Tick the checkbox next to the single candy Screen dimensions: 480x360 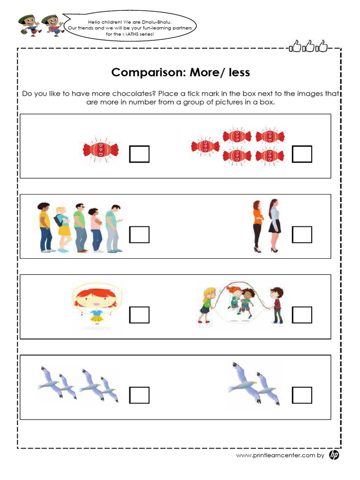tap(139, 154)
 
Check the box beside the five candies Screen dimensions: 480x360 tap(302, 154)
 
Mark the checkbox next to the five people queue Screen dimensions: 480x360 tap(139, 234)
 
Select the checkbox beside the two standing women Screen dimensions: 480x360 tap(302, 234)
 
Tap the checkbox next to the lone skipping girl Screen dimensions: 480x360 tap(139, 315)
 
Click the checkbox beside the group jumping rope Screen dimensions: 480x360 tap(302, 315)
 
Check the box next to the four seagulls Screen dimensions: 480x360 tap(139, 395)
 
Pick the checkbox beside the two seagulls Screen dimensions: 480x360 tap(302, 395)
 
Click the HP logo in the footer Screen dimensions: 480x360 tap(334, 455)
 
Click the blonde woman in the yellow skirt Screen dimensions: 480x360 tap(63, 228)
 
